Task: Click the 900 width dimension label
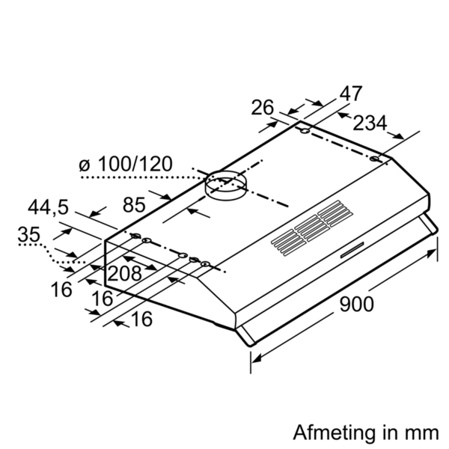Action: (356, 304)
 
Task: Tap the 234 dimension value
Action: (370, 123)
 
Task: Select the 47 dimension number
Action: (351, 94)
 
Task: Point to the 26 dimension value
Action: (263, 107)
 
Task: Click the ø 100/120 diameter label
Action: (126, 164)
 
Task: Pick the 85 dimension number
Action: (134, 205)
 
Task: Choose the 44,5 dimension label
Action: (48, 207)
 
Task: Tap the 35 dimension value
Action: (28, 234)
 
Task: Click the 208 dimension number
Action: (124, 273)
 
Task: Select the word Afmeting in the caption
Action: (335, 433)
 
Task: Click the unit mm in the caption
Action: (425, 434)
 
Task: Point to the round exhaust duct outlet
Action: (226, 186)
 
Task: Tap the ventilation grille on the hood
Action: (312, 228)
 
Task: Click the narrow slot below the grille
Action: (352, 250)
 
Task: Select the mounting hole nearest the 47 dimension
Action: (305, 132)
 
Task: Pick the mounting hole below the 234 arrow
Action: (374, 159)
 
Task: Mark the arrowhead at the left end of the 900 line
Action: (256, 358)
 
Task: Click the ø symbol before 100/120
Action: (85, 165)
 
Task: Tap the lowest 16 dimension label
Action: (141, 319)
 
